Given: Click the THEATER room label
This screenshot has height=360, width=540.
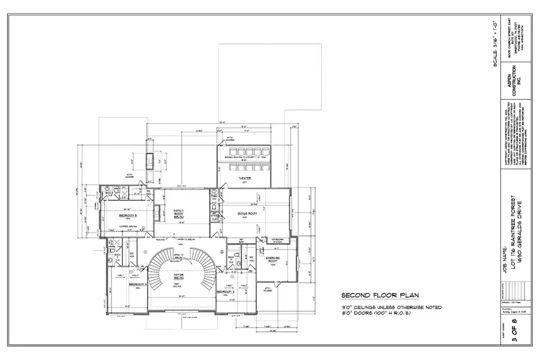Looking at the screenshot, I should coord(245,178).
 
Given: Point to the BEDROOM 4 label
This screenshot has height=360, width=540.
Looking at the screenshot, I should coord(138,284).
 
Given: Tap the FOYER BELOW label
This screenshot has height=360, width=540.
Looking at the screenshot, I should coord(178,278).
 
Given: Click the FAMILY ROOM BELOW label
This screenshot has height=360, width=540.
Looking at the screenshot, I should coord(178,213).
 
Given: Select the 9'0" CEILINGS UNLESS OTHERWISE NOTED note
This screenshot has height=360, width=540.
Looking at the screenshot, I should coord(391,307).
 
